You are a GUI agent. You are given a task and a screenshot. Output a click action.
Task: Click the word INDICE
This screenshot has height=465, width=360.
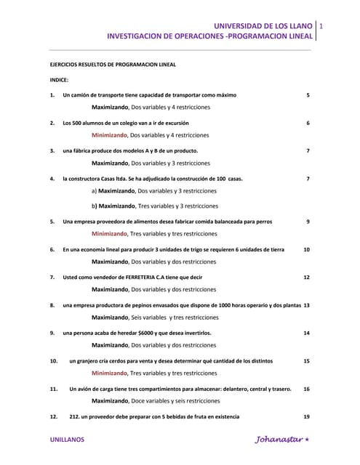click(x=59, y=79)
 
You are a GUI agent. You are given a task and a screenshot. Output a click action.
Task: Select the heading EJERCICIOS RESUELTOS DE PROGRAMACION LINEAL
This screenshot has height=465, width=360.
click(x=112, y=64)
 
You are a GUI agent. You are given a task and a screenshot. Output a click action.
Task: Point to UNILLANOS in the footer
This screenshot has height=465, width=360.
click(x=66, y=440)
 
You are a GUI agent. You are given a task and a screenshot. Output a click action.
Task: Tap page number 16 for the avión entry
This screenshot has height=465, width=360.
click(x=306, y=389)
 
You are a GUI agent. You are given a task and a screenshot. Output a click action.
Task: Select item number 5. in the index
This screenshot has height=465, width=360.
click(x=52, y=222)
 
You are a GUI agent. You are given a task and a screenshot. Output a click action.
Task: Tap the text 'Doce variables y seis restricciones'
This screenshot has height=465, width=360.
click(x=174, y=400)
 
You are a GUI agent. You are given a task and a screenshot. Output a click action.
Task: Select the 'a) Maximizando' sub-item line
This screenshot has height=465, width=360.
click(x=153, y=191)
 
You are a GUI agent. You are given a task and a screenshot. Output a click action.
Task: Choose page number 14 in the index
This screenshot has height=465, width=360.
click(x=306, y=333)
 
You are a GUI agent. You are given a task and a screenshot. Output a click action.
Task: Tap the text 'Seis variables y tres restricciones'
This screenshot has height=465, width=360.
click(x=175, y=318)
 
